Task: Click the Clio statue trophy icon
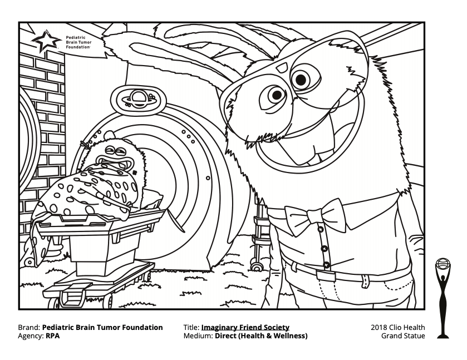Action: [443, 298]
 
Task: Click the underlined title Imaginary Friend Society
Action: [245, 327]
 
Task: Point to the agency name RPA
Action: [52, 336]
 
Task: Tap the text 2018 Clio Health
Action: [397, 327]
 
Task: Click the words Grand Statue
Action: [403, 336]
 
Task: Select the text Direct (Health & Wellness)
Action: [261, 336]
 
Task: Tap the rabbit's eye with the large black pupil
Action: [301, 80]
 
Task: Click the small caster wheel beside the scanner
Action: [257, 266]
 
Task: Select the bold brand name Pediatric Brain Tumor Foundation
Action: [103, 327]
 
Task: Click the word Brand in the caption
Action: [29, 327]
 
